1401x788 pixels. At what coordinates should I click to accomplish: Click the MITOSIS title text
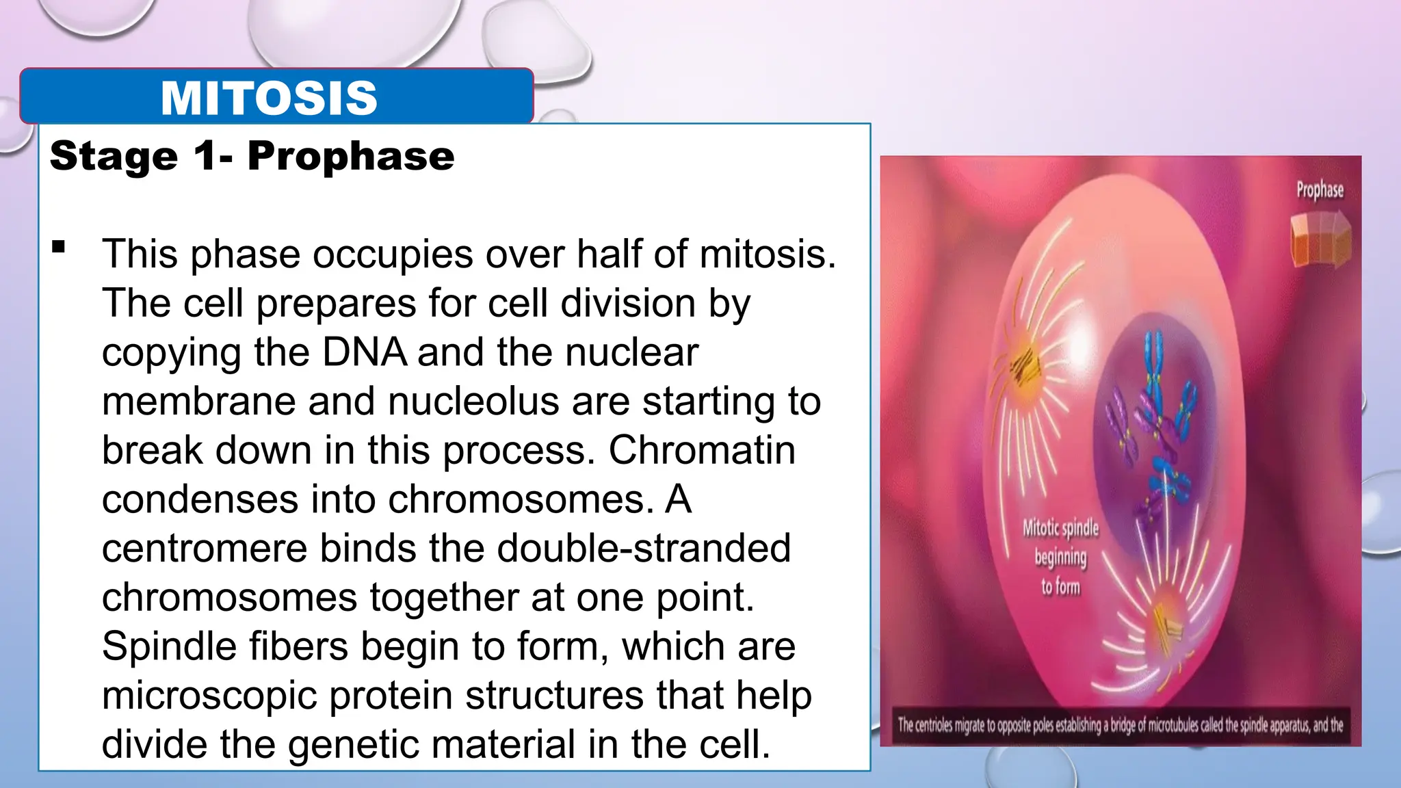(x=269, y=98)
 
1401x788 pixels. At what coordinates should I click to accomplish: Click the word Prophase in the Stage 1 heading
(x=351, y=157)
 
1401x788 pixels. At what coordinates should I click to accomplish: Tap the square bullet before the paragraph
(x=58, y=247)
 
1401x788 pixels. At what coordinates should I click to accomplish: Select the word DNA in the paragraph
(x=364, y=352)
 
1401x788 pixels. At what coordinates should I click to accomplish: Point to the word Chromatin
(x=702, y=451)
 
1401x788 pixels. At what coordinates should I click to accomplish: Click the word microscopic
(x=209, y=696)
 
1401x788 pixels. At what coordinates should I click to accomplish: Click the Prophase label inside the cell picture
(x=1320, y=189)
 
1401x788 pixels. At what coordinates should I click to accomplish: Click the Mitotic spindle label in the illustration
(x=1060, y=528)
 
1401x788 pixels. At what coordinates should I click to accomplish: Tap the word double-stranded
(x=644, y=549)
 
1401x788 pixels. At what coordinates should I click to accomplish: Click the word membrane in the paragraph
(x=198, y=402)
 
